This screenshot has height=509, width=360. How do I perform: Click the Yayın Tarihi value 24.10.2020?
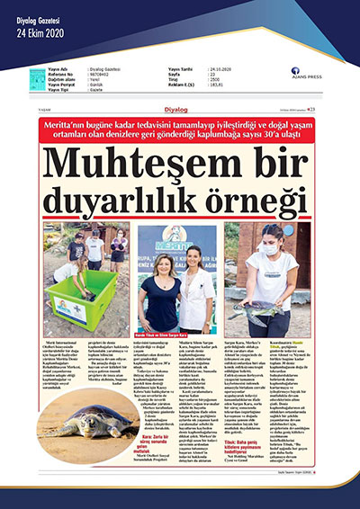(x=217, y=68)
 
